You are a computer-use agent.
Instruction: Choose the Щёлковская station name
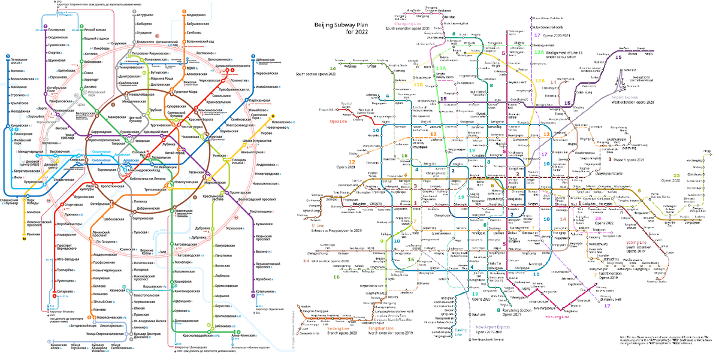(267, 60)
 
